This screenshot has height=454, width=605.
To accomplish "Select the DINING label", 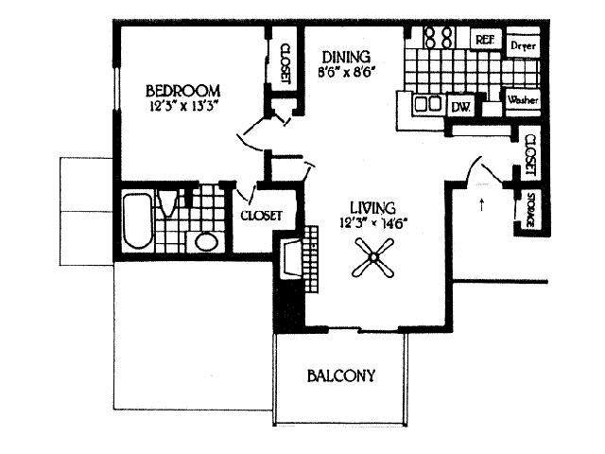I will [x=344, y=56].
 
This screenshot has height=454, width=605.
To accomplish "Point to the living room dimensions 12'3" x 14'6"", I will [x=376, y=223].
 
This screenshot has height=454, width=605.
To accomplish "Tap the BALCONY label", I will [x=340, y=375].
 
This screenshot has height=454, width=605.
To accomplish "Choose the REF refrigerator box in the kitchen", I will [x=485, y=41].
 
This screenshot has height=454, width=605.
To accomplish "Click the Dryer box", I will [x=524, y=44].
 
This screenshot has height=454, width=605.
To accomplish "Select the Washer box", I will [x=522, y=99].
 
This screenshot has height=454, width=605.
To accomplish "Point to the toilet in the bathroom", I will [x=168, y=203].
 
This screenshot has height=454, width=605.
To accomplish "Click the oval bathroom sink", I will [x=205, y=241].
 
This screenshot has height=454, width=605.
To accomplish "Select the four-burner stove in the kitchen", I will [x=436, y=38].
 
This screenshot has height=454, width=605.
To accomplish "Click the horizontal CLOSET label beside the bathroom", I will [x=261, y=216].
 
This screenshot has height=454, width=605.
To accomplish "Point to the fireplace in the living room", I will [x=290, y=262].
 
